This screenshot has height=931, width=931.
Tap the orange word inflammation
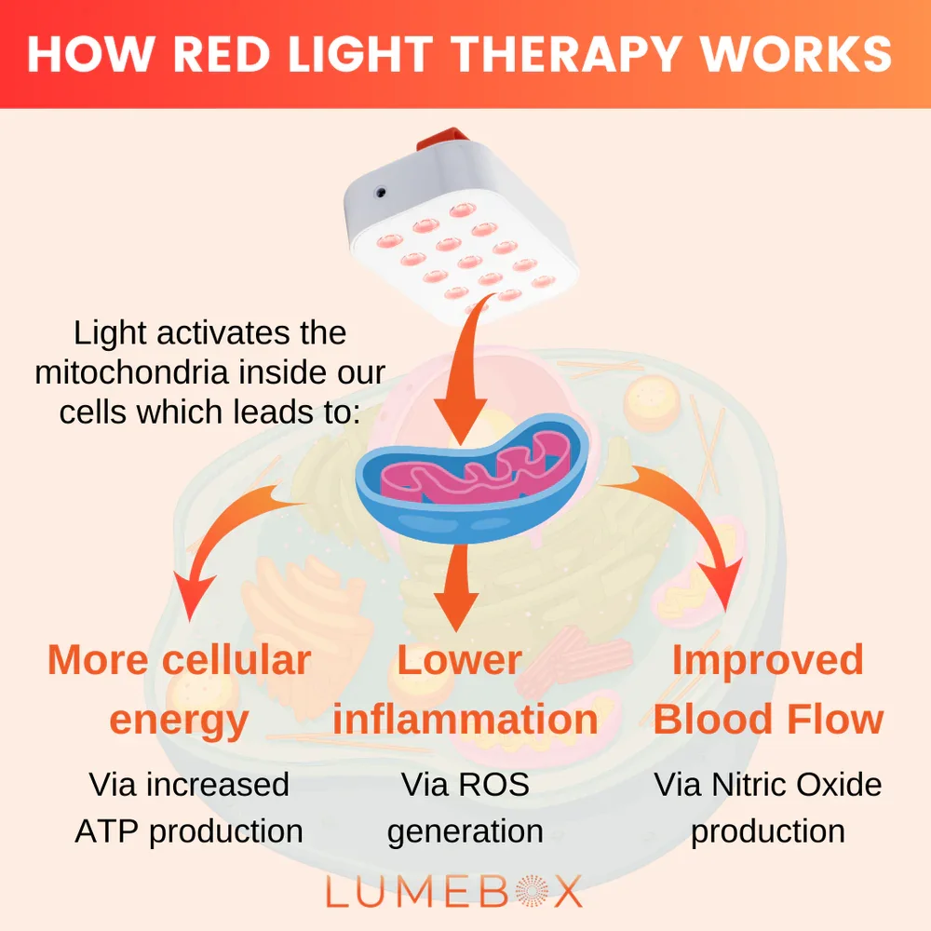tap(465, 720)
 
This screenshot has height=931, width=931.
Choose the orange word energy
tap(179, 720)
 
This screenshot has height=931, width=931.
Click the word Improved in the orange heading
tap(767, 660)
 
